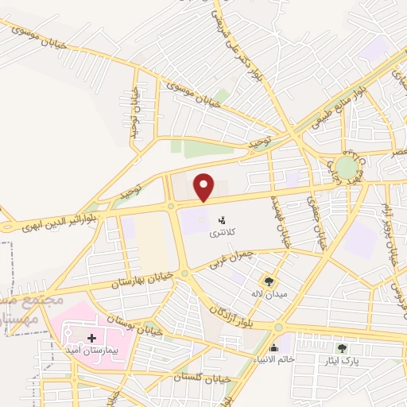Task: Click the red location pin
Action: click(x=205, y=187)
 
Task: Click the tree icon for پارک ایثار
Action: click(x=343, y=347)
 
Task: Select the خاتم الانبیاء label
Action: click(x=273, y=360)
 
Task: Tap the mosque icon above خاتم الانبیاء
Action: click(x=273, y=347)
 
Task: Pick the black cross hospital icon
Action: click(x=91, y=339)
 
